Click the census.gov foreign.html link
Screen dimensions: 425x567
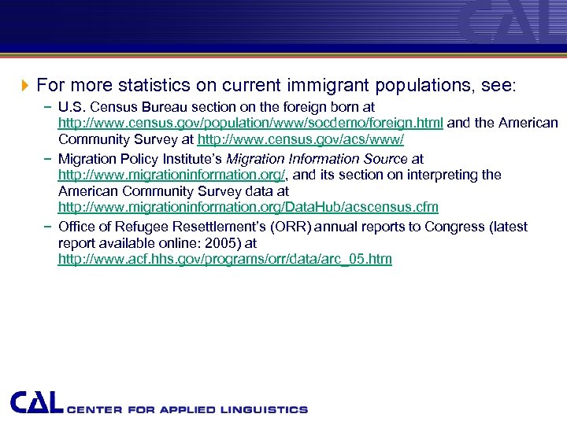pyautogui.click(x=250, y=123)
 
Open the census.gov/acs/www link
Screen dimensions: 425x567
pyautogui.click(x=300, y=140)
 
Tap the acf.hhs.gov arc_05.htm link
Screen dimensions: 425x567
pyautogui.click(x=224, y=259)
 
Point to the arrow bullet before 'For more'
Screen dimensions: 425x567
pyautogui.click(x=24, y=84)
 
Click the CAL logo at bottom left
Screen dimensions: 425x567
pyautogui.click(x=36, y=402)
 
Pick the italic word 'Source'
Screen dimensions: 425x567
pyautogui.click(x=380, y=158)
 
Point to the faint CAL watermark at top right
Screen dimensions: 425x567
pyautogui.click(x=512, y=22)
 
